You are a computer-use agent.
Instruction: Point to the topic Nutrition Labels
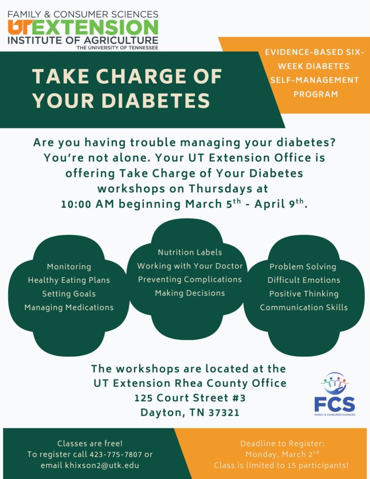[189, 252]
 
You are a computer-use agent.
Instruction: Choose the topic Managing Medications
[69, 307]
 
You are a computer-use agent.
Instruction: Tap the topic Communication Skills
[304, 307]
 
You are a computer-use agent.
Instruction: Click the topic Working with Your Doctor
[189, 266]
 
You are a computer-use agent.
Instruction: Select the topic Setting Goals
[69, 294]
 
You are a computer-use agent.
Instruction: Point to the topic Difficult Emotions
[304, 280]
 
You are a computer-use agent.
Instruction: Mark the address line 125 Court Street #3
[189, 398]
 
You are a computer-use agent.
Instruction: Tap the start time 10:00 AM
[88, 204]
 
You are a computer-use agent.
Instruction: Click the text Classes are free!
[90, 443]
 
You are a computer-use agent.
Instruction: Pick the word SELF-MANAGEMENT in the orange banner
[315, 80]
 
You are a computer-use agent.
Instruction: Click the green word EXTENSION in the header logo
[97, 27]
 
